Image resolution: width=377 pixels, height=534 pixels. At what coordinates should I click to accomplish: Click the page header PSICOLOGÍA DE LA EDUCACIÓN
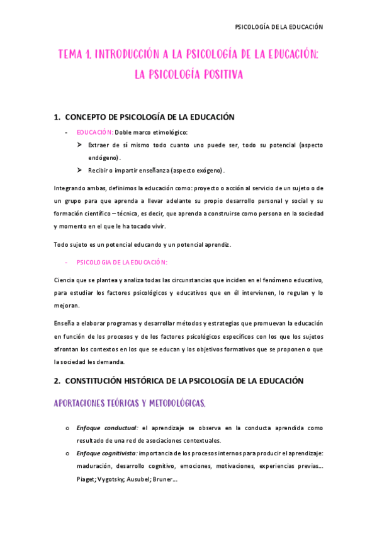(x=278, y=27)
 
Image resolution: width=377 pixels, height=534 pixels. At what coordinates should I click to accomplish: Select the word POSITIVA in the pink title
(x=218, y=74)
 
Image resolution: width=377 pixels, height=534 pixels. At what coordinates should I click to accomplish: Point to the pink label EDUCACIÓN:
(x=95, y=132)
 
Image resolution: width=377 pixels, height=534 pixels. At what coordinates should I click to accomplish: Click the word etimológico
(x=167, y=132)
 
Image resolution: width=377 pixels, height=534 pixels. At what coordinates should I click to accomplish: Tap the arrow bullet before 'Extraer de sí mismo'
(x=80, y=145)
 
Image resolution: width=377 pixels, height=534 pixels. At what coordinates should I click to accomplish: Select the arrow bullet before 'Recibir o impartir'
(x=80, y=170)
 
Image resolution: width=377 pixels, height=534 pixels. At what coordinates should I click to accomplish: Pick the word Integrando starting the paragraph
(x=71, y=188)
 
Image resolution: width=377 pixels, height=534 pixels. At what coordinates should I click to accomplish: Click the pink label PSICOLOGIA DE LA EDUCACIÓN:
(x=122, y=261)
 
